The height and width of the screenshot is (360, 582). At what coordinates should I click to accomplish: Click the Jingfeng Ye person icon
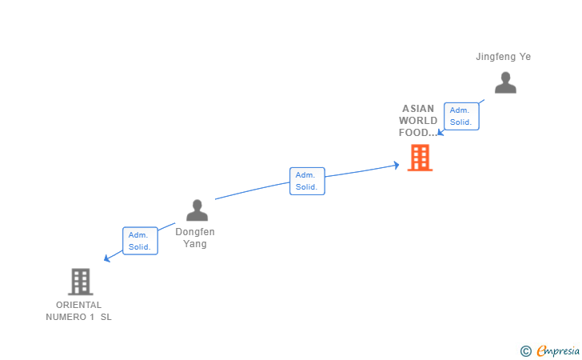coord(505,82)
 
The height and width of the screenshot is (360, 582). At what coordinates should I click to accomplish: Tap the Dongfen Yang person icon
coord(197,210)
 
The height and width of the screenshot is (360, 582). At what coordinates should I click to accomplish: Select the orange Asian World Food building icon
coord(420,158)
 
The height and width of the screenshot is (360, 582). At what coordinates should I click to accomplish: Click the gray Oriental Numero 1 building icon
coord(80,282)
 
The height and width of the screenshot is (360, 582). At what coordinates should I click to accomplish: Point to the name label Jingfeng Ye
coord(503,57)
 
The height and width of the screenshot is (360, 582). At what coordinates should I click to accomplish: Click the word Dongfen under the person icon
coord(195,232)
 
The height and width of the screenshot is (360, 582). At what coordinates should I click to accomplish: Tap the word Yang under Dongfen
coord(195,244)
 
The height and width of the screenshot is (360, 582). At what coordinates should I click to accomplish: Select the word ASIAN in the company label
coord(418,109)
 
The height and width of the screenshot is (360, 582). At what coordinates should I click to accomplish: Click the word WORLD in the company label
coord(418,121)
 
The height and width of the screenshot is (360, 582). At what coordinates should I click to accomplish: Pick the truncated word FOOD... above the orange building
coord(418,133)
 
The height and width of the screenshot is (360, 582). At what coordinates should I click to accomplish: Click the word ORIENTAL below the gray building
coord(78,305)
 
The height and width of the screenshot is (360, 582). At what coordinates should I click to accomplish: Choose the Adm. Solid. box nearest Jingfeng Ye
coord(461,116)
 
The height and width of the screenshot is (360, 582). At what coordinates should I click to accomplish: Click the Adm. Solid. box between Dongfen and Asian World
coord(307,181)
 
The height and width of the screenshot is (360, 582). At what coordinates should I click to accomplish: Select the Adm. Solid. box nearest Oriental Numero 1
coord(140,241)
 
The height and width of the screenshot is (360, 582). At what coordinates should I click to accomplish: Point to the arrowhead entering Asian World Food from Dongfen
coord(395,166)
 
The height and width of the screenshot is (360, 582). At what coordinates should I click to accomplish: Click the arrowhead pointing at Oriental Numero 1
coord(107,258)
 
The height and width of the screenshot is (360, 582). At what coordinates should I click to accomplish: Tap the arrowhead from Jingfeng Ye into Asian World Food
coord(440,132)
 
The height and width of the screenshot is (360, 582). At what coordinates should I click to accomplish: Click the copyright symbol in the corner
coord(525,350)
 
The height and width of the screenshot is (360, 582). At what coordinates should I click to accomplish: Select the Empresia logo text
coord(558,350)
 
